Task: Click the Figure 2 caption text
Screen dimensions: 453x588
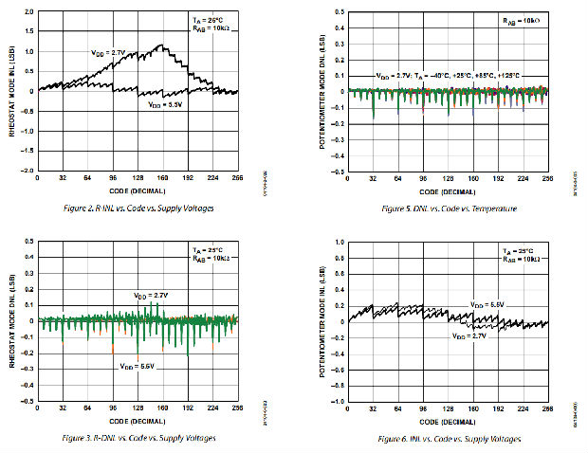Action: click(x=138, y=208)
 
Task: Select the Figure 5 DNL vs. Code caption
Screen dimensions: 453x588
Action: click(x=447, y=208)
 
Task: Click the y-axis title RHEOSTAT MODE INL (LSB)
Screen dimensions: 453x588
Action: click(x=13, y=92)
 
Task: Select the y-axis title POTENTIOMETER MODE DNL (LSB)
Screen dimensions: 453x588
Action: click(x=326, y=92)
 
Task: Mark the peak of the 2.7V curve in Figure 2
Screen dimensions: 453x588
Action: click(x=162, y=45)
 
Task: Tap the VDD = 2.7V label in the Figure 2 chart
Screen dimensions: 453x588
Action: click(x=107, y=53)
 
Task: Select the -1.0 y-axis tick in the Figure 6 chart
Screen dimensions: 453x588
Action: click(x=340, y=402)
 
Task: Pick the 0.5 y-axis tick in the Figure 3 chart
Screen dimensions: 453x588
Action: click(x=29, y=240)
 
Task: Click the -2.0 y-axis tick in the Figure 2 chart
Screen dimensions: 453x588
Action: click(x=28, y=172)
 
